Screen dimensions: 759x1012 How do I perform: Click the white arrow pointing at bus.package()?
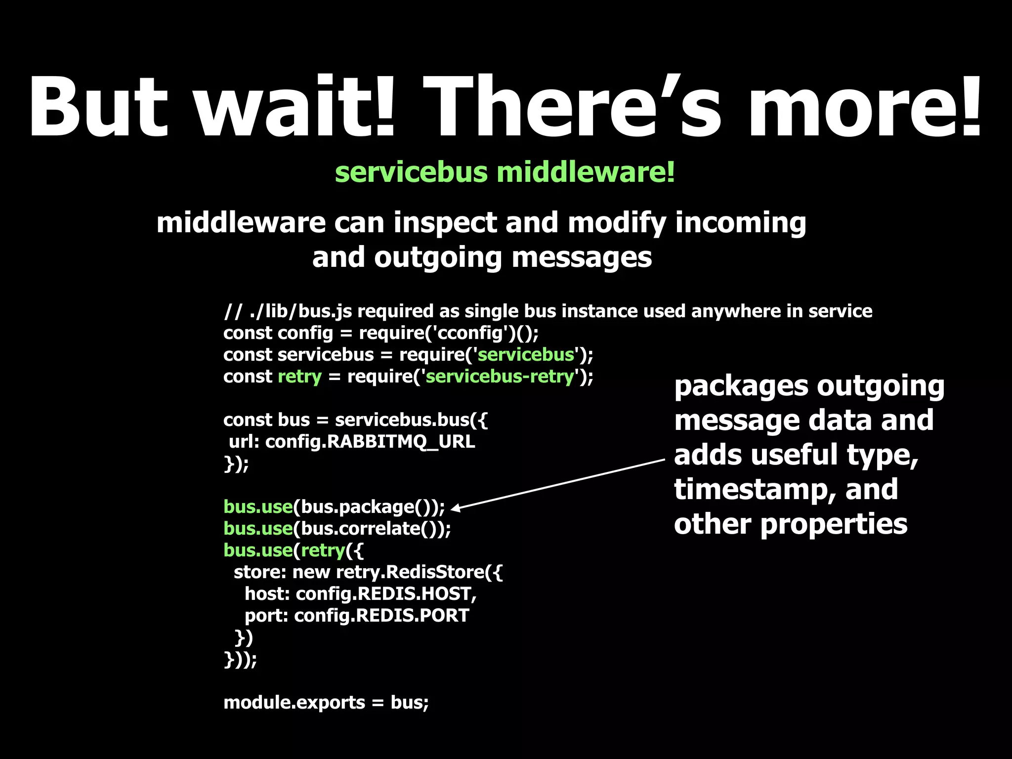(x=558, y=484)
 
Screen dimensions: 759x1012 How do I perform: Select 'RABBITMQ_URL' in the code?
(x=401, y=442)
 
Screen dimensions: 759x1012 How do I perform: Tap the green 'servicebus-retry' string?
(x=500, y=377)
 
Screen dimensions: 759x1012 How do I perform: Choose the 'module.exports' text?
(x=294, y=703)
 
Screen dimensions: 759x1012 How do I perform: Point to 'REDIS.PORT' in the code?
(x=413, y=616)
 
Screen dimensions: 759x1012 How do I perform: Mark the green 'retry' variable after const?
(x=299, y=377)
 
